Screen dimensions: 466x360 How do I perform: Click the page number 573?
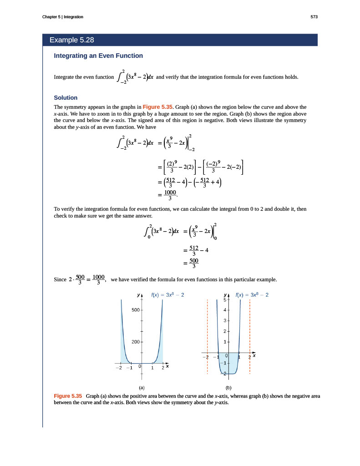click(x=314, y=17)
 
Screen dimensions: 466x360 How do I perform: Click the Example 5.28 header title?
click(x=71, y=40)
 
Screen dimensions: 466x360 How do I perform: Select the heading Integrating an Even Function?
click(x=98, y=56)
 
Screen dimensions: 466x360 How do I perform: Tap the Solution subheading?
click(x=66, y=97)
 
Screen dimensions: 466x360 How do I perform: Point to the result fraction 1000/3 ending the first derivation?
click(x=170, y=195)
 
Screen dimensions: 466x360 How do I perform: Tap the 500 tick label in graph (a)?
click(x=136, y=310)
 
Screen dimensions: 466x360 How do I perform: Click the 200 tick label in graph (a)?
click(x=136, y=341)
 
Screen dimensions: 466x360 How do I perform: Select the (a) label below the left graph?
click(x=142, y=388)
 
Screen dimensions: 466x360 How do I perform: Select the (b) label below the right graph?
click(x=228, y=388)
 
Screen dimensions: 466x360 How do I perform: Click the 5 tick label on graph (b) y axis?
click(x=225, y=299)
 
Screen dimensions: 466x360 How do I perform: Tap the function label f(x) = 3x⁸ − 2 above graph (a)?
click(x=167, y=295)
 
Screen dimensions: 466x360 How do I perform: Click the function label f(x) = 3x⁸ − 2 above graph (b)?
click(x=252, y=295)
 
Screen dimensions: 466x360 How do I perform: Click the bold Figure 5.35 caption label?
click(x=68, y=396)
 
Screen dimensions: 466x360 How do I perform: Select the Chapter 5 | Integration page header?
click(x=62, y=17)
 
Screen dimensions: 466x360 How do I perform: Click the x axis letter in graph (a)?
click(x=167, y=366)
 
